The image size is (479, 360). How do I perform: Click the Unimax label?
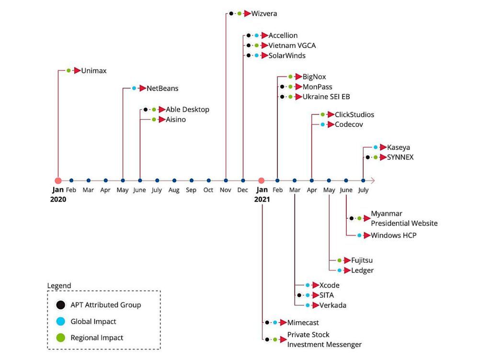[x=93, y=70]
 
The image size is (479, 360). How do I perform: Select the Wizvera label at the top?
[x=264, y=14]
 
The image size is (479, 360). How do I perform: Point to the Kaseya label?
[x=398, y=147]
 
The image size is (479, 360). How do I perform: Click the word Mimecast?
[x=303, y=323]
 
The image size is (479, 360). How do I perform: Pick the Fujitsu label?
[x=362, y=260]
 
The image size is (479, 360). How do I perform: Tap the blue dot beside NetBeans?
[x=134, y=89]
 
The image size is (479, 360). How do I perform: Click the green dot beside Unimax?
[x=68, y=70]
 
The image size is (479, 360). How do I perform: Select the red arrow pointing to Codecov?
[x=331, y=124]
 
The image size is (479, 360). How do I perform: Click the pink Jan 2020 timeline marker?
[x=58, y=180]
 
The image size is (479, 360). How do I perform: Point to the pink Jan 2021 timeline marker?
[x=261, y=180]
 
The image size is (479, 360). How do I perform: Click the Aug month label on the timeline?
[x=174, y=190]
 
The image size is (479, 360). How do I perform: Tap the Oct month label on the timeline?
[x=208, y=190]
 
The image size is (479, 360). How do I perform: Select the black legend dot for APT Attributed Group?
[x=60, y=305]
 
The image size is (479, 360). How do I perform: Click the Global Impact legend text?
[x=93, y=321]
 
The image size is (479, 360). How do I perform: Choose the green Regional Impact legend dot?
[x=60, y=337]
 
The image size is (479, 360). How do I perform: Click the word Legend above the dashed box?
[x=59, y=286]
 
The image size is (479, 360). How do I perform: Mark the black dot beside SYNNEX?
[x=367, y=157]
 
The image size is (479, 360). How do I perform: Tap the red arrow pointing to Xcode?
[x=315, y=285]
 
